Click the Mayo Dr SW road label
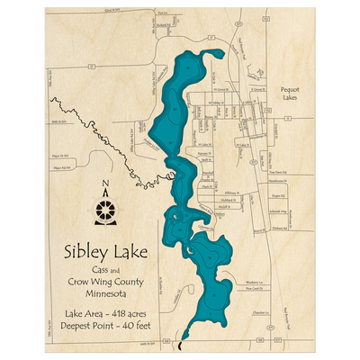coord(61,154)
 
